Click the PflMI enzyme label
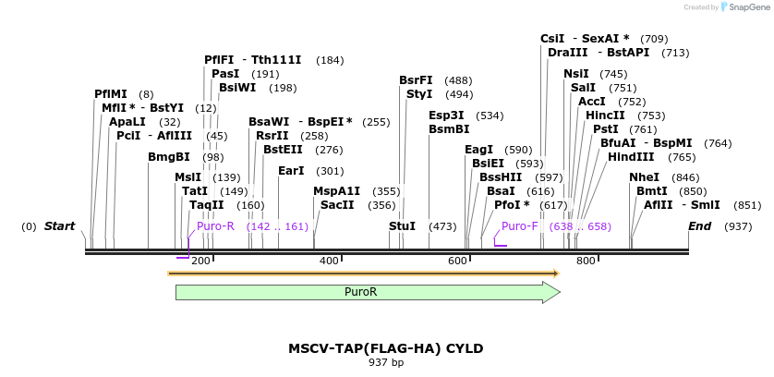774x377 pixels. coord(111,94)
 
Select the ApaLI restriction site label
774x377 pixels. coord(127,122)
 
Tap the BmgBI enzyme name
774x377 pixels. coord(168,157)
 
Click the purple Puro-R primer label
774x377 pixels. coord(215,226)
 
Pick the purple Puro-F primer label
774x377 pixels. coord(520,226)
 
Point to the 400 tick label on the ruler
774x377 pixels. coord(329,262)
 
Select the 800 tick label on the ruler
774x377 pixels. coord(585,262)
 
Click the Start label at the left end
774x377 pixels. coord(59,226)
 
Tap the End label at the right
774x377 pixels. coord(700,226)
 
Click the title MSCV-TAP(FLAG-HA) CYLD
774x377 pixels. coord(385,348)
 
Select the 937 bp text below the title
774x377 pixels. coord(385,362)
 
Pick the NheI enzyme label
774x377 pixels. coord(645,177)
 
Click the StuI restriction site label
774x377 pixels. coord(402,226)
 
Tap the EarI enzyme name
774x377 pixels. coord(291,171)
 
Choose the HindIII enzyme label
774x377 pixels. coord(632,157)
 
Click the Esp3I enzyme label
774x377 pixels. coord(447,116)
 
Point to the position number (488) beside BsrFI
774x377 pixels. coord(458,80)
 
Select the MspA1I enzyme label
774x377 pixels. coord(337,191)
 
